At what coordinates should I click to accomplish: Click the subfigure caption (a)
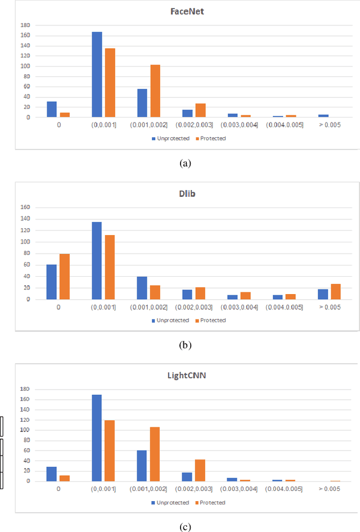184,164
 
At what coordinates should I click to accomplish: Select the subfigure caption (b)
184,345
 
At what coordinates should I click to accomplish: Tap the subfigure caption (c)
184,527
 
